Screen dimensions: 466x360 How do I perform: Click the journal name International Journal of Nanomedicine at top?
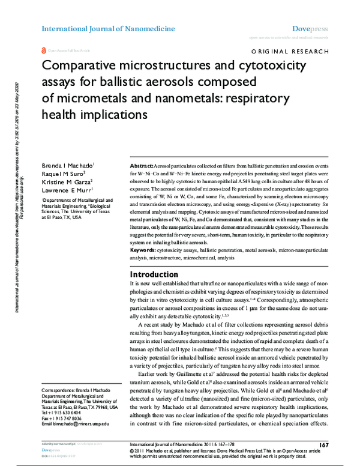[108, 28]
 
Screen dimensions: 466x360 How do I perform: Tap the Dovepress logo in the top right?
[310, 28]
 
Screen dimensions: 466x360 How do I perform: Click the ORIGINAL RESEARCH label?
[291, 53]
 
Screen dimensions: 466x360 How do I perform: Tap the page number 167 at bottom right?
[323, 445]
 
